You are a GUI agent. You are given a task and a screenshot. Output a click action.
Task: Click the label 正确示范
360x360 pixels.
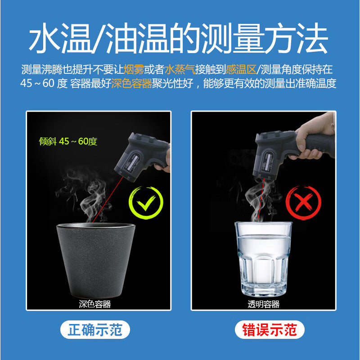95,330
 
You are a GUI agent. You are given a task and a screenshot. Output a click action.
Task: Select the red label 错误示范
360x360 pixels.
270,330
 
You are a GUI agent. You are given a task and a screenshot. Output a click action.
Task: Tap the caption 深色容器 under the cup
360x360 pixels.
95,304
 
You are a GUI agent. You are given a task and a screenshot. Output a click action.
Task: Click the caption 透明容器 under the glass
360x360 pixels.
264,304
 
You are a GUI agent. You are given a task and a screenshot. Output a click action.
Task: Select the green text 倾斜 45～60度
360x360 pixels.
68,141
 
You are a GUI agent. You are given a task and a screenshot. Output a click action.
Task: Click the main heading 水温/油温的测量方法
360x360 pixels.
178,38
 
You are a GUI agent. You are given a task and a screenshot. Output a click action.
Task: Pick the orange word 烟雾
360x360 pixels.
134,69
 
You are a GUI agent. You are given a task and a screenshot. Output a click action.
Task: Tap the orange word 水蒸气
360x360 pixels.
180,69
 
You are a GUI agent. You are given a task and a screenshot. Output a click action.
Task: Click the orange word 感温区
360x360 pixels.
241,69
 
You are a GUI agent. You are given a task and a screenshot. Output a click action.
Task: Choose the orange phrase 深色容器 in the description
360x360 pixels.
132,84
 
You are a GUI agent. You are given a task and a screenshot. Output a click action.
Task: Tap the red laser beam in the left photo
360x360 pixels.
108,199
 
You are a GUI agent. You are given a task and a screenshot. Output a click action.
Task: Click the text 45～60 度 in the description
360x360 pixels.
44,84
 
